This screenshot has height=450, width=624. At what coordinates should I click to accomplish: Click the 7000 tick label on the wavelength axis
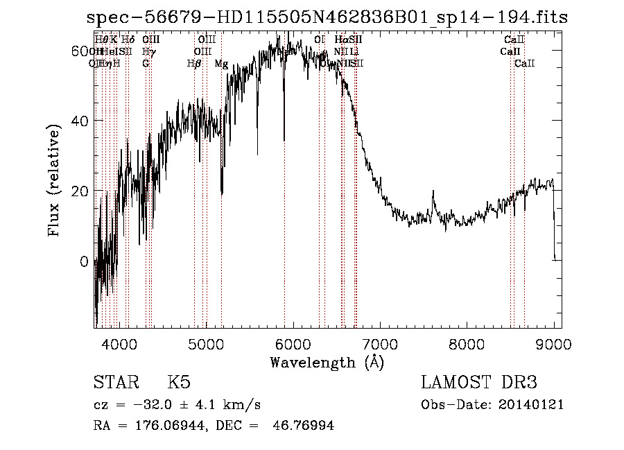coord(379,343)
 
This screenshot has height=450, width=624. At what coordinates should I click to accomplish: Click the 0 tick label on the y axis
coord(85,262)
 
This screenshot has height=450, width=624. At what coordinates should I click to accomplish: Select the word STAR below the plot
coord(115,383)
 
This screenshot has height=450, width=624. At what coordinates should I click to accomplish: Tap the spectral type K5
coord(179,383)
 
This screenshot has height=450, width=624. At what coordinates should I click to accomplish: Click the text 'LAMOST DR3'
coord(478,383)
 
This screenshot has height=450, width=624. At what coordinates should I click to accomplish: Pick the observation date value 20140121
coord(534,404)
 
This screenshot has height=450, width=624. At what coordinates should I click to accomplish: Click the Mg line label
coord(221,64)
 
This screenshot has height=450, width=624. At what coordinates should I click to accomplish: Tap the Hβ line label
coord(194,64)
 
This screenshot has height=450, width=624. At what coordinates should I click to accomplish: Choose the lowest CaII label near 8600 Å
coord(524,64)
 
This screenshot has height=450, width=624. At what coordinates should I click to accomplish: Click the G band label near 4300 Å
coord(146,64)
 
